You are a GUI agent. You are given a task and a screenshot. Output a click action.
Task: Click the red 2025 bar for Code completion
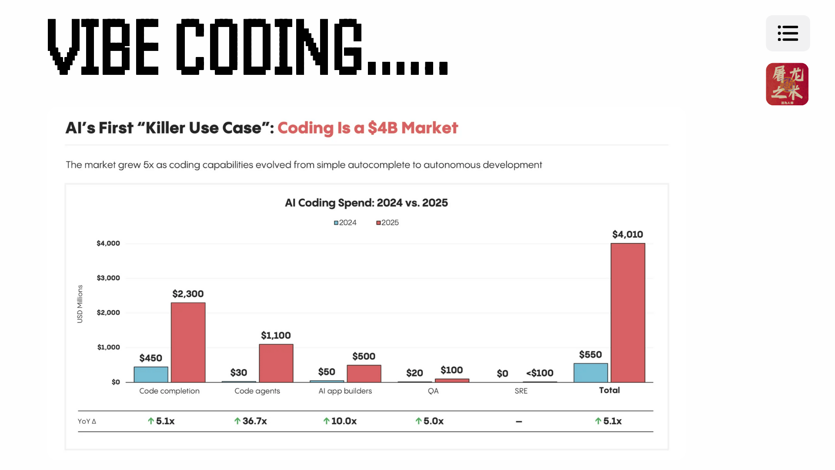pyautogui.click(x=188, y=342)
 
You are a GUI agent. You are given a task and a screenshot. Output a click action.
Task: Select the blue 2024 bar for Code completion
pyautogui.click(x=151, y=374)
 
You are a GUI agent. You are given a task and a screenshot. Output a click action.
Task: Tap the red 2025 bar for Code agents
pyautogui.click(x=276, y=363)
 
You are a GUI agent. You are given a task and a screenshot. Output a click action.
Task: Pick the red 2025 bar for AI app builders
pyautogui.click(x=364, y=373)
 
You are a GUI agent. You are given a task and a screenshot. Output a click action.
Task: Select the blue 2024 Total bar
pyautogui.click(x=591, y=373)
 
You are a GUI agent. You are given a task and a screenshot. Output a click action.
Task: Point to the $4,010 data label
pyautogui.click(x=628, y=235)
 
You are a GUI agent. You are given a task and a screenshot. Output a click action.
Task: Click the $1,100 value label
pyautogui.click(x=276, y=336)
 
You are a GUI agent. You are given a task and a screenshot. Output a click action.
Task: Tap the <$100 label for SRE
pyautogui.click(x=540, y=373)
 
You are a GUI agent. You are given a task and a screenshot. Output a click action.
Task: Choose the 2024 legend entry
pyautogui.click(x=345, y=223)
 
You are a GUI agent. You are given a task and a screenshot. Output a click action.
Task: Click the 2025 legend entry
pyautogui.click(x=387, y=223)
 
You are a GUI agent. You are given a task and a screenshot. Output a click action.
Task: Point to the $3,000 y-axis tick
pyautogui.click(x=108, y=278)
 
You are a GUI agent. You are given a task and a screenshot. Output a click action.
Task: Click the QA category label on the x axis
pyautogui.click(x=433, y=391)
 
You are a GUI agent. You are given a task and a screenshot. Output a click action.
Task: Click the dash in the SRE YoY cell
pyautogui.click(x=519, y=421)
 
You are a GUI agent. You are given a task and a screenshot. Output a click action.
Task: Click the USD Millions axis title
pyautogui.click(x=80, y=304)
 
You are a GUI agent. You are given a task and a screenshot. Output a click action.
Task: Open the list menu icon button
pyautogui.click(x=788, y=34)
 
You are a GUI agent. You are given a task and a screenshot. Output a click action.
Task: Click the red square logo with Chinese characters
pyautogui.click(x=787, y=84)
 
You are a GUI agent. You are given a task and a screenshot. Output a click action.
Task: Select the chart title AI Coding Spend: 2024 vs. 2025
pyautogui.click(x=366, y=203)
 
